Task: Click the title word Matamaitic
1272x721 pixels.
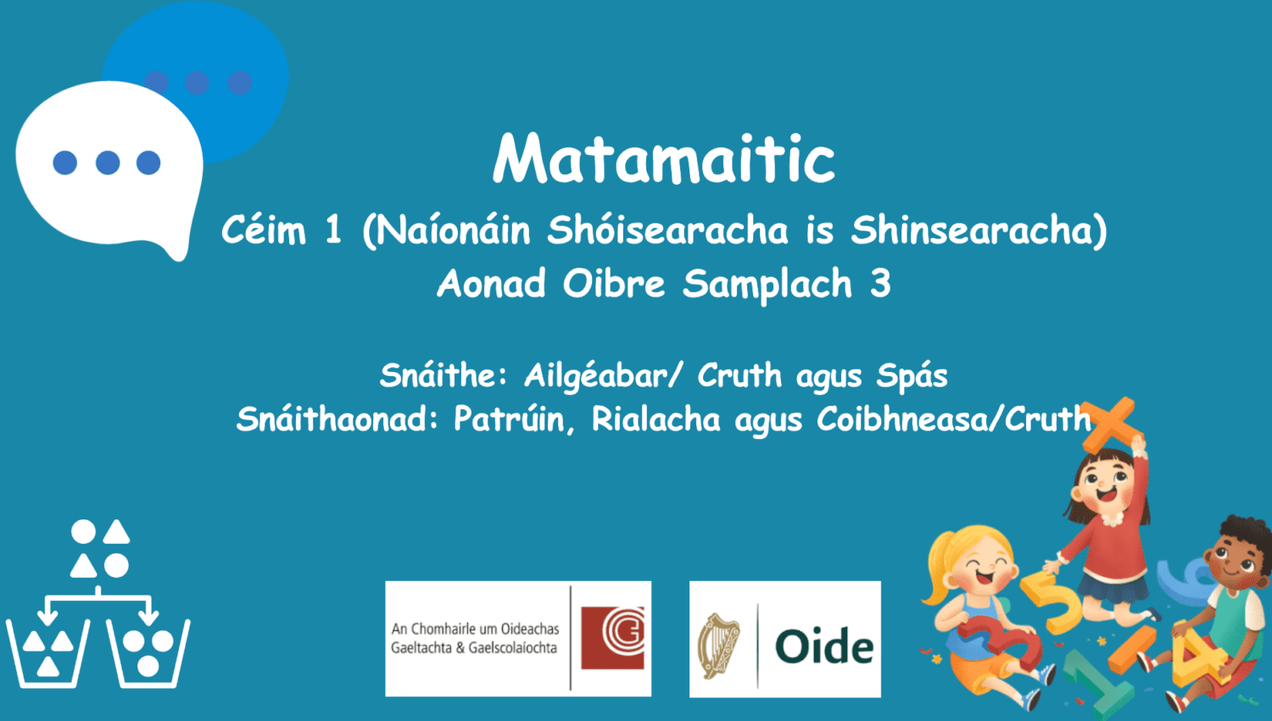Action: pyautogui.click(x=664, y=158)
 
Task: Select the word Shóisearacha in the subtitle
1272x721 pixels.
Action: pyautogui.click(x=667, y=230)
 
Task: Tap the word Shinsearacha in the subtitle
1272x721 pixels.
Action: pyautogui.click(x=979, y=230)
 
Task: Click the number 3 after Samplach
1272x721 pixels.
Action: pyautogui.click(x=880, y=284)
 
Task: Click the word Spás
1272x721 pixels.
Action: pyautogui.click(x=912, y=375)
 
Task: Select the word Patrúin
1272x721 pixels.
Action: pyautogui.click(x=514, y=419)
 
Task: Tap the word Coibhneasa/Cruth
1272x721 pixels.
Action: pyautogui.click(x=953, y=419)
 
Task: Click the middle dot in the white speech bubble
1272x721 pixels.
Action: pyautogui.click(x=108, y=163)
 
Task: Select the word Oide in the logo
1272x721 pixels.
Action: pyautogui.click(x=823, y=647)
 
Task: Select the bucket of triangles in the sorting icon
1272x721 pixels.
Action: pyautogui.click(x=48, y=652)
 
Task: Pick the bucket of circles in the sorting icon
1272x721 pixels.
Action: pyautogui.click(x=148, y=652)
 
